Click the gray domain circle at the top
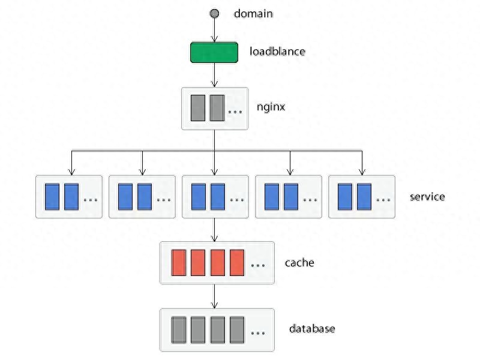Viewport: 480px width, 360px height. coord(214,13)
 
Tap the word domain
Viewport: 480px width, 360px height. coord(253,13)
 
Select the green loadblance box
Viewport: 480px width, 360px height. coord(214,53)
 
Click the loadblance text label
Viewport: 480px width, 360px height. coord(277,52)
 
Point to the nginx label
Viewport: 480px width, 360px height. coord(271,107)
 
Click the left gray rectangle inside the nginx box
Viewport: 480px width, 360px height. coord(198,108)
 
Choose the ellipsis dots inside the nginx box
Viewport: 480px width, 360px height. coord(235,112)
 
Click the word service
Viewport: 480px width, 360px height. coord(427,197)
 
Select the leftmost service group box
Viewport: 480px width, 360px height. coord(69,197)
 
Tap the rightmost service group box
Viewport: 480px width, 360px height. coord(362,197)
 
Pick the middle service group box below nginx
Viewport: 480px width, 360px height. coord(215,197)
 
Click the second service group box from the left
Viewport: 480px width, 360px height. coord(142,197)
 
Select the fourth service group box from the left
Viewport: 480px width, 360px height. coord(289,197)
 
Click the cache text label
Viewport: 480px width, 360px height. coord(299,263)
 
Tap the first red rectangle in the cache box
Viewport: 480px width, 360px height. coord(179,263)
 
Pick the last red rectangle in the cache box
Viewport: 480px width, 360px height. coord(237,263)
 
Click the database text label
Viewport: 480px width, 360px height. coord(312,329)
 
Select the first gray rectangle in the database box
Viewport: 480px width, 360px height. coord(179,329)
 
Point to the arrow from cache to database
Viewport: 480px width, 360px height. coord(215,296)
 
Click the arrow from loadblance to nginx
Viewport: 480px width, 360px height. coord(215,75)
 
